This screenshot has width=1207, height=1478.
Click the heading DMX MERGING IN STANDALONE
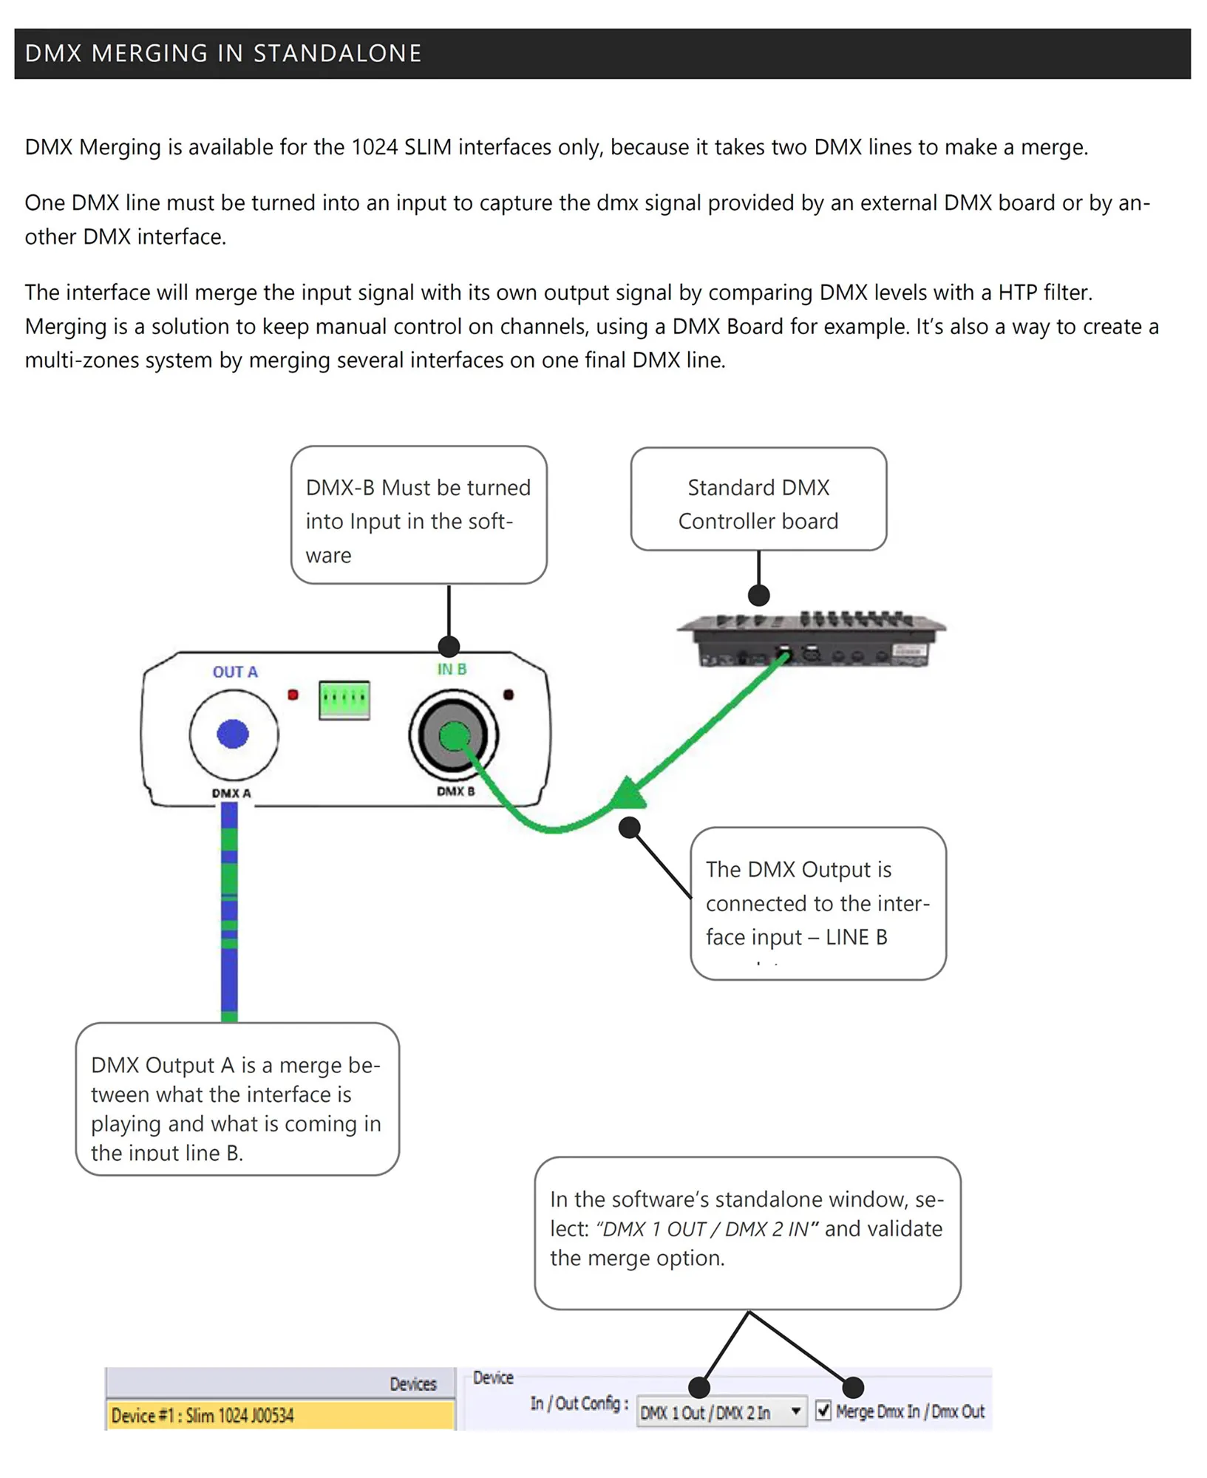pos(223,54)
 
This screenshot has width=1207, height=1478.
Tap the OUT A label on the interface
pos(235,672)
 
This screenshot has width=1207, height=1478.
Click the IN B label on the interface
pos(452,669)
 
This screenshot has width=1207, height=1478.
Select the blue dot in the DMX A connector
pos(233,734)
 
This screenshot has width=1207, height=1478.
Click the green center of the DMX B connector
pos(454,735)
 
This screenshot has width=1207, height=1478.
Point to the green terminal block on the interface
pos(344,700)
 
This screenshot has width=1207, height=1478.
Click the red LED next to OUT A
pos(293,695)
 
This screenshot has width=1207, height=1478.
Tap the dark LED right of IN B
pos(509,695)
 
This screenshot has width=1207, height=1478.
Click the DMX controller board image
pos(811,639)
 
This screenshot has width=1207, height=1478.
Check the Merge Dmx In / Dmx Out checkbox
pos(823,1411)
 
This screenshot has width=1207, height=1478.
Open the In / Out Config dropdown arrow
pos(795,1411)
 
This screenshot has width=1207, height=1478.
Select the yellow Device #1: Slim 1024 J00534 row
pos(280,1415)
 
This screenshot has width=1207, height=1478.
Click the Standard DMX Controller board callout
pos(758,500)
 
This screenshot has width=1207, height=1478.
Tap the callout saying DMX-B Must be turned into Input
pos(418,515)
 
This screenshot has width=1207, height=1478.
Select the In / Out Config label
pos(579,1403)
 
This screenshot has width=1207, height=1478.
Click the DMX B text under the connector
pos(455,791)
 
